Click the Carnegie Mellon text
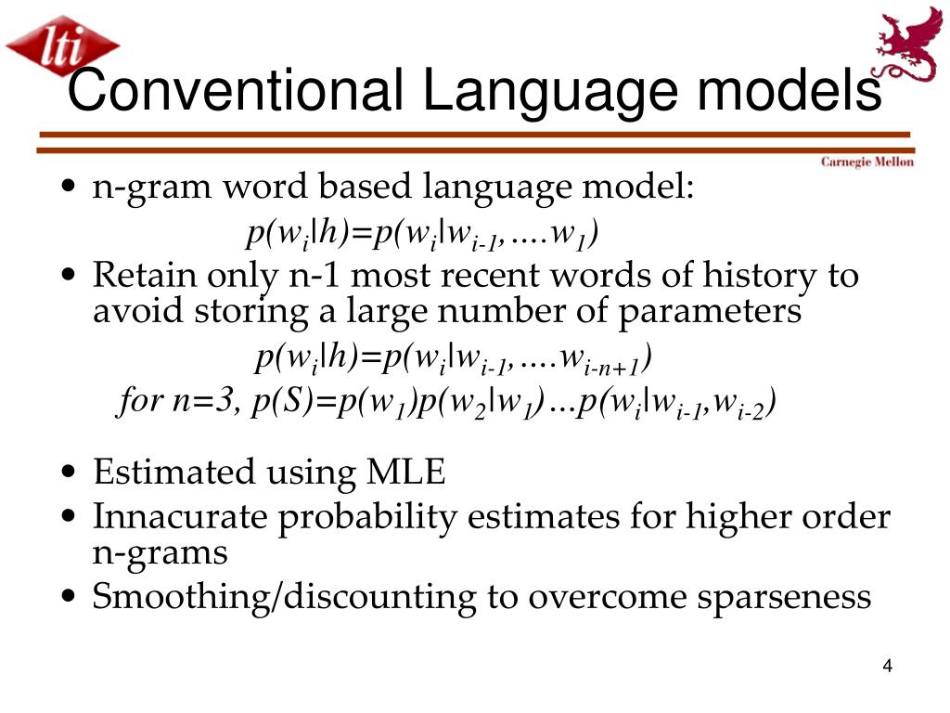click(x=867, y=162)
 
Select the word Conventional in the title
click(x=236, y=92)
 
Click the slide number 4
click(x=887, y=667)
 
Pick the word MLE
click(x=404, y=473)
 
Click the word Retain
click(x=144, y=276)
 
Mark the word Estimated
click(x=176, y=473)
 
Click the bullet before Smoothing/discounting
click(x=69, y=598)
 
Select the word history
click(x=751, y=276)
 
